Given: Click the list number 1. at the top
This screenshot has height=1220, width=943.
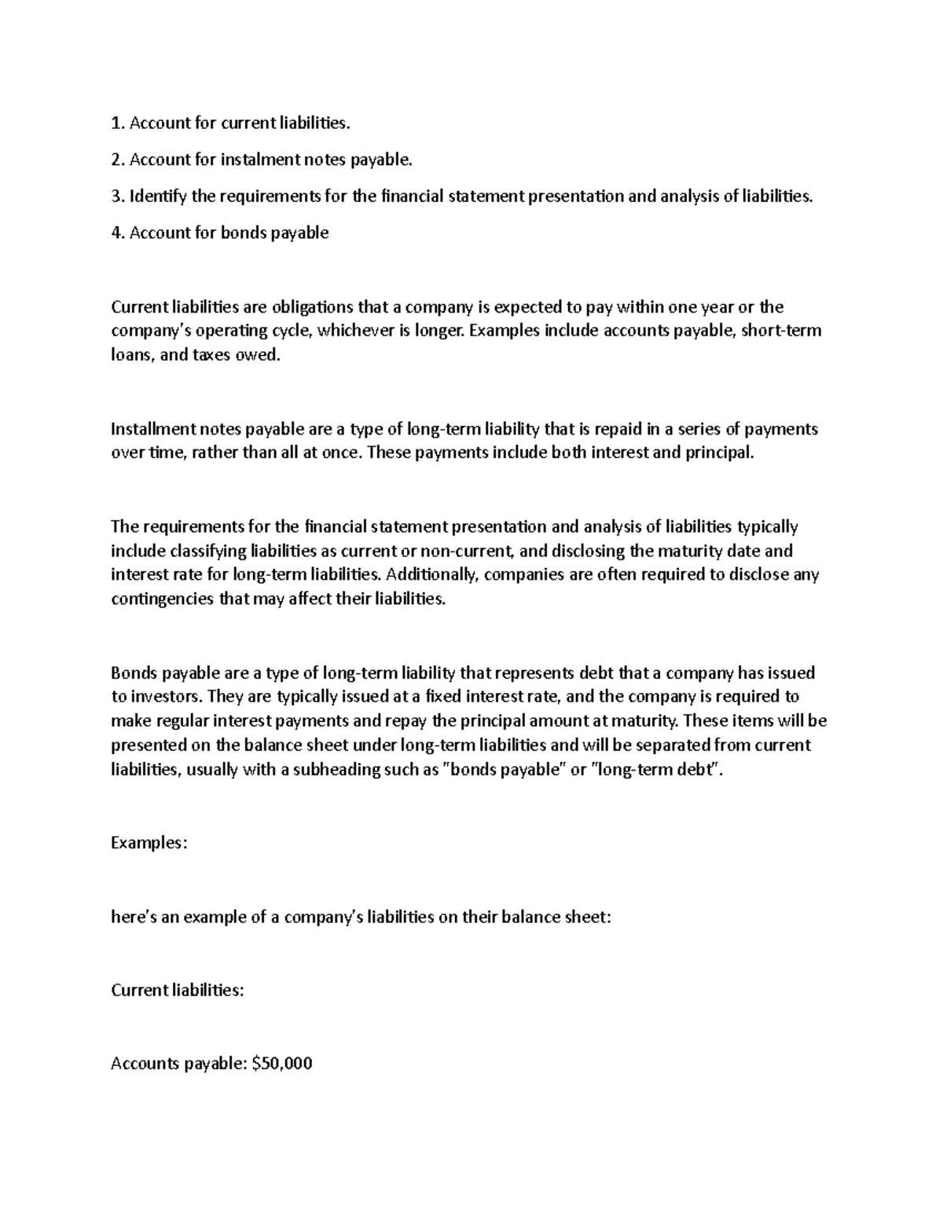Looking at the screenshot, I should [x=118, y=123].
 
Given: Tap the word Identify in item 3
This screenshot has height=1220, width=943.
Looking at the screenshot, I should [x=158, y=196].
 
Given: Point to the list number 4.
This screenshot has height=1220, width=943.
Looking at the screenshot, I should [x=118, y=233].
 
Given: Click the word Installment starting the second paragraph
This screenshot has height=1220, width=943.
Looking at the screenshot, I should [x=152, y=429].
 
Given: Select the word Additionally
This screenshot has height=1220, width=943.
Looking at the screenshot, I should [x=434, y=575].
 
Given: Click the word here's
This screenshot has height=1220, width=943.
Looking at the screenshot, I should [x=134, y=917].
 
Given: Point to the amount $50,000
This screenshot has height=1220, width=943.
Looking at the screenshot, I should [x=281, y=1064].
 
